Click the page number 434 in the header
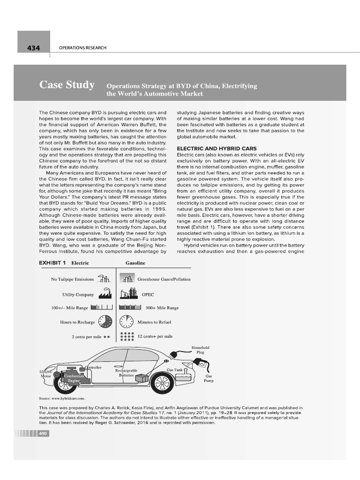(33, 48)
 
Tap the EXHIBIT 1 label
(52, 263)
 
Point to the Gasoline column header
(135, 263)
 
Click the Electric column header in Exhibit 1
(80, 263)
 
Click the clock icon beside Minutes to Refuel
(127, 322)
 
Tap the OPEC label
(148, 295)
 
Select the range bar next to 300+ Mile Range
(130, 308)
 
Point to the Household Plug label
(201, 349)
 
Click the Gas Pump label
(209, 378)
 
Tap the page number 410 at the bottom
(44, 434)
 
